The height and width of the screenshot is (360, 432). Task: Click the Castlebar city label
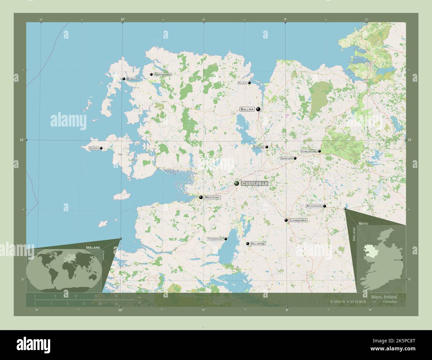point(255,184)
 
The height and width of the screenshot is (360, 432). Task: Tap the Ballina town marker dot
point(258,109)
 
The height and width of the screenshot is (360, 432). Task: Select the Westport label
point(212,197)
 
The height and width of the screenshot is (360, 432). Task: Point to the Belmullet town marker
point(124,79)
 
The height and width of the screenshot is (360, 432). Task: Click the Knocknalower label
point(163,75)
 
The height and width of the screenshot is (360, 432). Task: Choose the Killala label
point(242,83)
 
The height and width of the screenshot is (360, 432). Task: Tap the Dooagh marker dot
point(101,148)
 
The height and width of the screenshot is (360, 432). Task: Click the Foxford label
point(259,147)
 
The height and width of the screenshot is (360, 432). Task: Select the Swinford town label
point(286,158)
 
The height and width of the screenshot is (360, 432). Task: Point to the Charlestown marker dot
point(320,151)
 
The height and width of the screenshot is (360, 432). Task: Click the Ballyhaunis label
point(314,206)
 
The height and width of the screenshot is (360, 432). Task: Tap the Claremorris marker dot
point(286,220)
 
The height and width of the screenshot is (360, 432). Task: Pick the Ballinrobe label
point(258,244)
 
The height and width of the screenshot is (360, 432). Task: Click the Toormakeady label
point(215,239)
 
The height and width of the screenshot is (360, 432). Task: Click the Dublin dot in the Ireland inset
point(402,260)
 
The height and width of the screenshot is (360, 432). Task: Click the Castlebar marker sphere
point(237,183)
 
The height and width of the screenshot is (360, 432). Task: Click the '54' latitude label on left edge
point(21,140)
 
